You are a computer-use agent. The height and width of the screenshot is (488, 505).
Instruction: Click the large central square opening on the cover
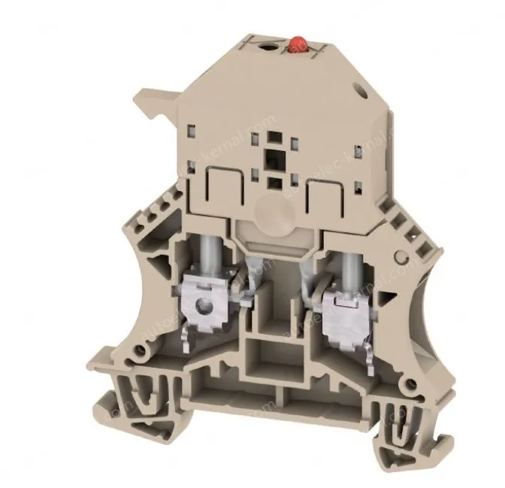[269, 159]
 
